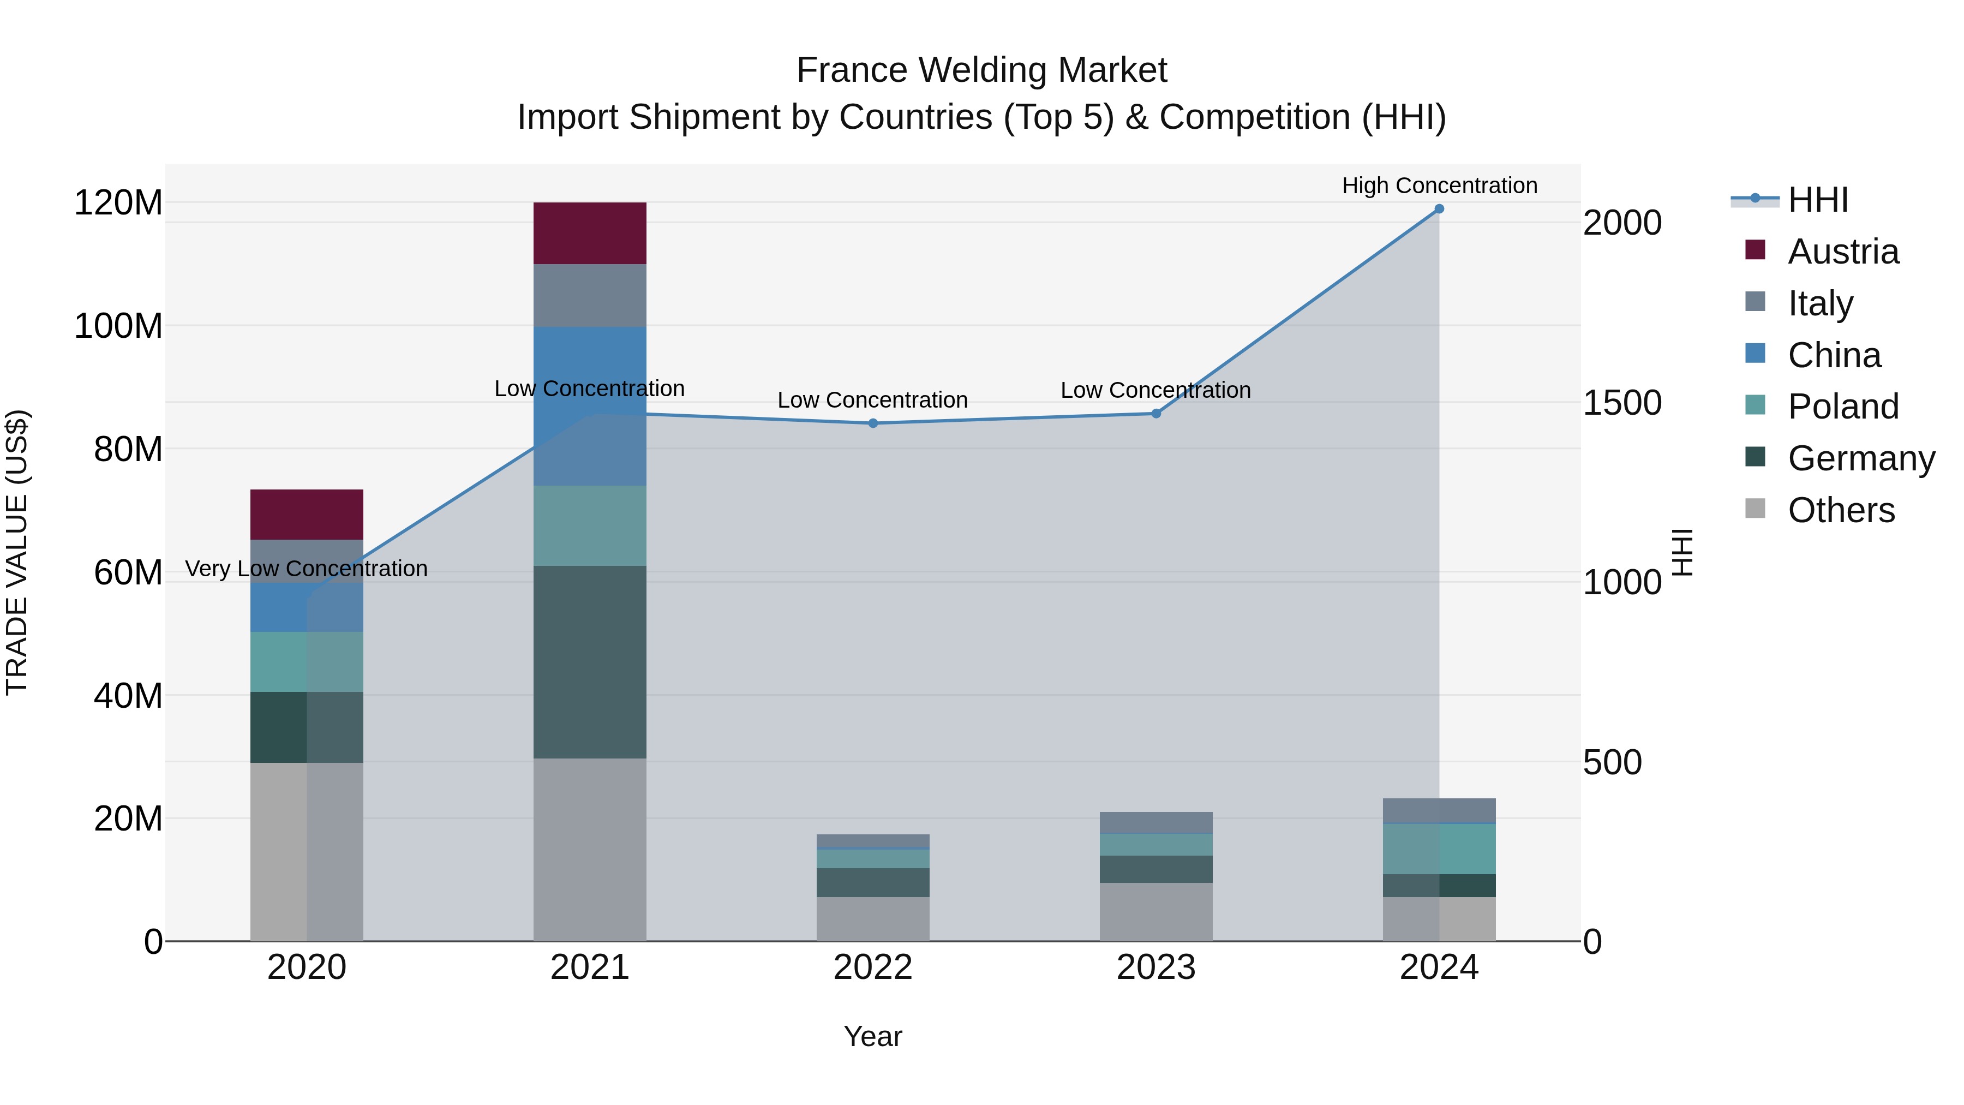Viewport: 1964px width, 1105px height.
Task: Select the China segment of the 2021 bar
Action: coord(589,405)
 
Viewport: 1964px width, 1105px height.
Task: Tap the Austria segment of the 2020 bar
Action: coord(307,514)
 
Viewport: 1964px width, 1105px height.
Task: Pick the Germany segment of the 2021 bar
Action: coord(589,661)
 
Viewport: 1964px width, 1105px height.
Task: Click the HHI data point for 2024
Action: coord(1439,209)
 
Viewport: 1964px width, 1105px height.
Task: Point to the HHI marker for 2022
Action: coord(873,423)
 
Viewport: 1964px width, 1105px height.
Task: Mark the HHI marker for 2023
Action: coord(1156,413)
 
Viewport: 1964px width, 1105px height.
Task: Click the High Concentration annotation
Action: coord(1439,186)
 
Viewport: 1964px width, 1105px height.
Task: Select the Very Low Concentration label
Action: coord(307,569)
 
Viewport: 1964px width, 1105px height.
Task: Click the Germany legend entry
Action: coord(1860,458)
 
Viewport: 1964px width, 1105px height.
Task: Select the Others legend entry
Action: coord(1841,510)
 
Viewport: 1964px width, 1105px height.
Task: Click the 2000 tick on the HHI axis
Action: coord(1622,223)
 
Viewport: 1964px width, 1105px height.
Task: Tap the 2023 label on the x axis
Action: coord(1156,967)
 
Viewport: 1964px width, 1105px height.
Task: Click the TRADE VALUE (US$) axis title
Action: coord(17,552)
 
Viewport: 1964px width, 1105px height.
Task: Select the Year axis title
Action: coord(873,1036)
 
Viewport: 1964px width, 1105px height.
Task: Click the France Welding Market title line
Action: coord(981,70)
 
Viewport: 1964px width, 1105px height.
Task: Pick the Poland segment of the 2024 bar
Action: coord(1439,849)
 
